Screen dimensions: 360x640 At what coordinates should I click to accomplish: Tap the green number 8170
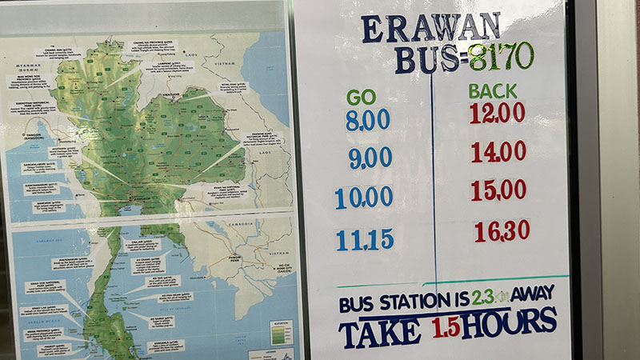pyautogui.click(x=501, y=56)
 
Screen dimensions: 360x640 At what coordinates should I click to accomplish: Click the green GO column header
pyautogui.click(x=361, y=97)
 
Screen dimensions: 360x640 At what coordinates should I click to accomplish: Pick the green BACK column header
pyautogui.click(x=493, y=90)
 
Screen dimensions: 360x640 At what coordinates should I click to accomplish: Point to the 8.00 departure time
pyautogui.click(x=367, y=121)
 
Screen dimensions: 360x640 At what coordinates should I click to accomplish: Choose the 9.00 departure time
pyautogui.click(x=370, y=158)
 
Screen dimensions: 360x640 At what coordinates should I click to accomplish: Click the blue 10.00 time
pyautogui.click(x=364, y=197)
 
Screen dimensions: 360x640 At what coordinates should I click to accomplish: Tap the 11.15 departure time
pyautogui.click(x=365, y=239)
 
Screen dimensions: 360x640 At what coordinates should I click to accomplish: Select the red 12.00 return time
pyautogui.click(x=497, y=113)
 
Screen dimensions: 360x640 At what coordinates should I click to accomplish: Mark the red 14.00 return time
pyautogui.click(x=498, y=151)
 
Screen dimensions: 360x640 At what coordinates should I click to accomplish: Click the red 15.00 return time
pyautogui.click(x=498, y=190)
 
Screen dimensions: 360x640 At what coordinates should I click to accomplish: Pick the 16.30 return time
pyautogui.click(x=502, y=231)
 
